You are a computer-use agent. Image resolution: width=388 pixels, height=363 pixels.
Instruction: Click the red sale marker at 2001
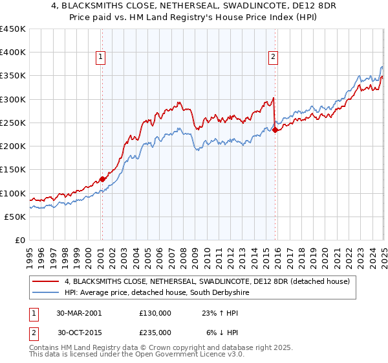pos(102,180)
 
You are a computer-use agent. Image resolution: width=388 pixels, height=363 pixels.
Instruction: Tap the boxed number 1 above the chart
pos(102,57)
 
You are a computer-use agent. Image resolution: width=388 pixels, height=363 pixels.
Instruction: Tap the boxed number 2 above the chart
pos(274,57)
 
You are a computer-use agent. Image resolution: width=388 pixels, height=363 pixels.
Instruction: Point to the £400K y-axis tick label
pos(13,53)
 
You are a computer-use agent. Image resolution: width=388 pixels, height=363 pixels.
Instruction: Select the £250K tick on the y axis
pos(13,123)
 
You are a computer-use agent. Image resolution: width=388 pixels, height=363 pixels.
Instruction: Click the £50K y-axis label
pos(16,217)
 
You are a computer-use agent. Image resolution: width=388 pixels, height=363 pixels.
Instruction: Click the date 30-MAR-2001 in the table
pos(79,312)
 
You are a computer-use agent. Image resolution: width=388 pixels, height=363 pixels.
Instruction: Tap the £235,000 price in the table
pos(155,332)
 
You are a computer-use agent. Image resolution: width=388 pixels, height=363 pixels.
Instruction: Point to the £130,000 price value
pos(155,312)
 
